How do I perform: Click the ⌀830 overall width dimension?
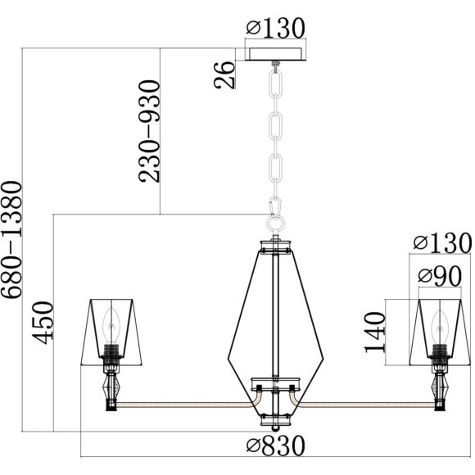275,446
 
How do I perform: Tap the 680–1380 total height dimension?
11,239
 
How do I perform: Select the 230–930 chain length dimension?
149,131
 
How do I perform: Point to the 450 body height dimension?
43,323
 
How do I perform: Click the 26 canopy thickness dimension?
224,75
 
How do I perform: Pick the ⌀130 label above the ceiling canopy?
275,28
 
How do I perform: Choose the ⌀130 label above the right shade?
442,243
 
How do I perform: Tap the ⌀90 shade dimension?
440,276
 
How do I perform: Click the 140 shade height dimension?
375,332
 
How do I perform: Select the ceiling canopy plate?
275,54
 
